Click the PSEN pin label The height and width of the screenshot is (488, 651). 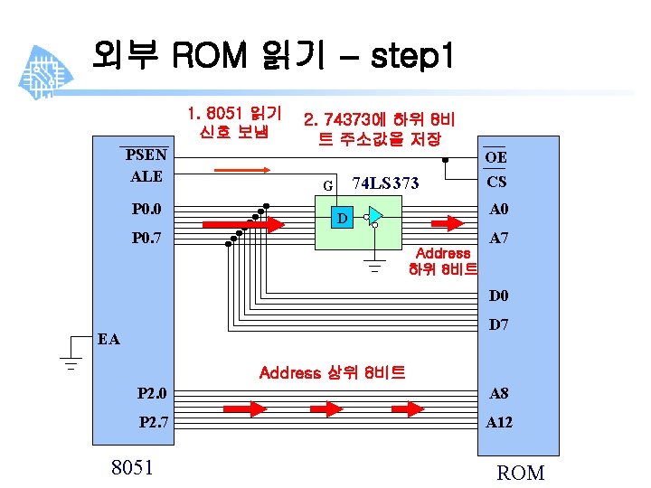(x=146, y=154)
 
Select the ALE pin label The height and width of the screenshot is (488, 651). (x=146, y=175)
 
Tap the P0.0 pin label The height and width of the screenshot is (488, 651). (x=146, y=210)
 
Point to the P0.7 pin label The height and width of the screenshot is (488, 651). (x=146, y=239)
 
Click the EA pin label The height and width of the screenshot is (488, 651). (x=108, y=340)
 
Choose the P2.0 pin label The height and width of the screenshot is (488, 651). (x=152, y=393)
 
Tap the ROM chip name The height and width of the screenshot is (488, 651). (x=521, y=473)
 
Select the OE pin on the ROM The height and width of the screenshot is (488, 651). (x=495, y=157)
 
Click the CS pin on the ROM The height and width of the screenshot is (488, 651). (x=495, y=182)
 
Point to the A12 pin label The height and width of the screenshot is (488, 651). (x=499, y=422)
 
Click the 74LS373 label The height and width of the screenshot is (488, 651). (x=385, y=183)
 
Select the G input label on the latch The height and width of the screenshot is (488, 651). (x=327, y=186)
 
